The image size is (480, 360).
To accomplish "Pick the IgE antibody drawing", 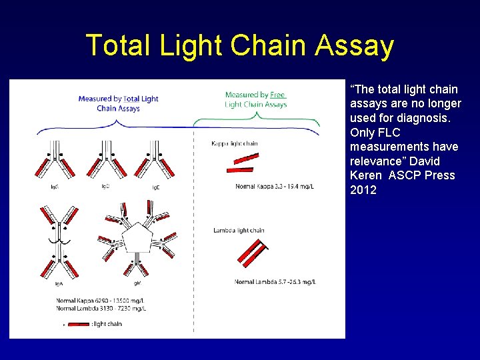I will pos(155,160).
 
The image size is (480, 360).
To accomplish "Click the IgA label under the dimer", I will pos(59,283).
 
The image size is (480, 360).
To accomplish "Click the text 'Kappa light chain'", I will pos(234,143).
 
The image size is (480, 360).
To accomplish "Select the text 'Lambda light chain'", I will pos(239,231).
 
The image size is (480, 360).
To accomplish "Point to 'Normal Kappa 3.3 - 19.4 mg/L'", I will pos(274,187).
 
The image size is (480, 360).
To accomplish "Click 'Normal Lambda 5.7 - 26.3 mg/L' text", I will pos(274,282).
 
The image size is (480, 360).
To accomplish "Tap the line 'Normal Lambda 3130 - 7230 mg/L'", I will pos(101,309).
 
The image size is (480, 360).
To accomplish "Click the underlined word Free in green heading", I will pos(277,95).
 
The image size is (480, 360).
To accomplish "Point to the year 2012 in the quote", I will pos(363,190).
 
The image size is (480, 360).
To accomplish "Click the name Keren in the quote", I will pos(364,175).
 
